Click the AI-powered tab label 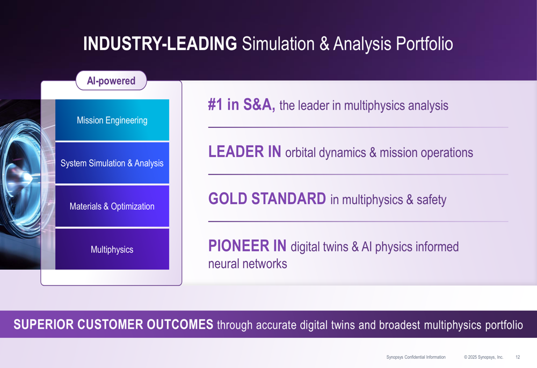(x=111, y=81)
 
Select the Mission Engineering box (x=112, y=120)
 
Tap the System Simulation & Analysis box (x=112, y=163)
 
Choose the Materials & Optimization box (x=112, y=206)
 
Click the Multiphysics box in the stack (x=112, y=249)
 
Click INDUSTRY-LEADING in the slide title (x=160, y=44)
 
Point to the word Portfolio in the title (x=424, y=44)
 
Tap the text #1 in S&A (x=241, y=105)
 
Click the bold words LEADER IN (x=244, y=153)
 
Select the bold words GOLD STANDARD (x=267, y=199)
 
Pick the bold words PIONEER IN (x=247, y=247)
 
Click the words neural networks (x=248, y=264)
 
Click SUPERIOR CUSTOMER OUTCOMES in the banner (x=113, y=325)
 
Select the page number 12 (x=518, y=357)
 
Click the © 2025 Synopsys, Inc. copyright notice (x=483, y=357)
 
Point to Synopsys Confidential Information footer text (x=416, y=357)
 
